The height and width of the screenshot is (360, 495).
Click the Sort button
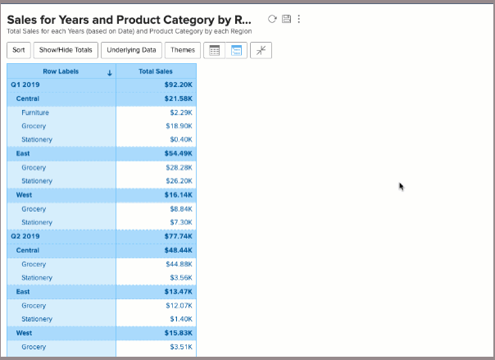[x=19, y=50]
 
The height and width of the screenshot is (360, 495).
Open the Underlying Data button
[x=131, y=50]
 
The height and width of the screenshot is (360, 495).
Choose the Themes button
[x=182, y=50]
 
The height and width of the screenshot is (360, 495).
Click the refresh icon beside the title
[x=272, y=19]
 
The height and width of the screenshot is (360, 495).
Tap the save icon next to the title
[x=286, y=19]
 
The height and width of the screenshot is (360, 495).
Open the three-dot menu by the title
[x=298, y=19]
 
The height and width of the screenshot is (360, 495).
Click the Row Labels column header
[x=61, y=71]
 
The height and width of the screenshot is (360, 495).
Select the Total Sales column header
[x=156, y=71]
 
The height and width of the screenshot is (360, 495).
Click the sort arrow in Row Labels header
[x=109, y=72]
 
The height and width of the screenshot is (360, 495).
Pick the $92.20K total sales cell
[x=178, y=84]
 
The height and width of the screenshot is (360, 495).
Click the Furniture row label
[x=36, y=112]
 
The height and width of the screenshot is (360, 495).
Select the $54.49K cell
[x=178, y=153]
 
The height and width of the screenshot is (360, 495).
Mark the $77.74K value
[x=178, y=236]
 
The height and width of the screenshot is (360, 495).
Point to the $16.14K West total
[x=178, y=195]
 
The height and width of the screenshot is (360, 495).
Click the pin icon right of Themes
[x=261, y=50]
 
